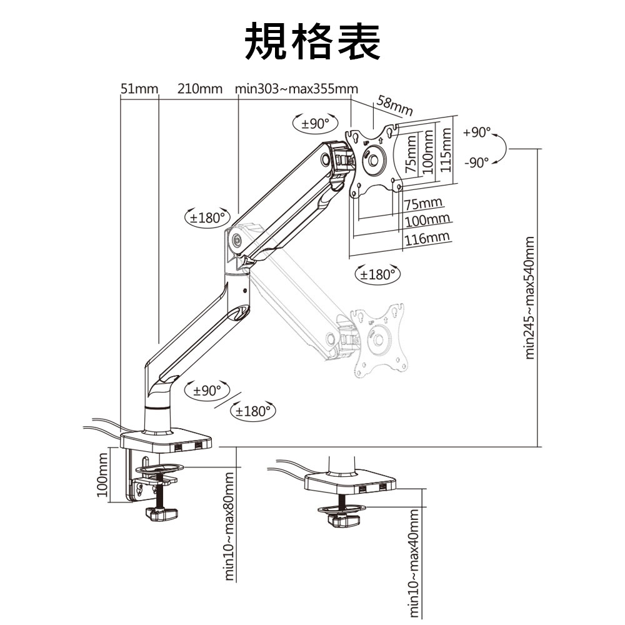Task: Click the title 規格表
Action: [x=312, y=41]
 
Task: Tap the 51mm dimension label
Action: [x=139, y=89]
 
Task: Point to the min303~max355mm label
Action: [x=297, y=89]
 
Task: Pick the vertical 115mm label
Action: [x=446, y=150]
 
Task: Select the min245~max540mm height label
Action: [x=531, y=297]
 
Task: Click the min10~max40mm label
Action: [x=413, y=562]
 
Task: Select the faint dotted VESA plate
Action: [x=379, y=341]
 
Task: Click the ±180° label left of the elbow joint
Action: [x=207, y=217]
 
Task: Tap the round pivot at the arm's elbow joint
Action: [x=237, y=240]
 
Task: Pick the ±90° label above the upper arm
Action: [x=316, y=123]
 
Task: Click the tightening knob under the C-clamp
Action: [x=161, y=514]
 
